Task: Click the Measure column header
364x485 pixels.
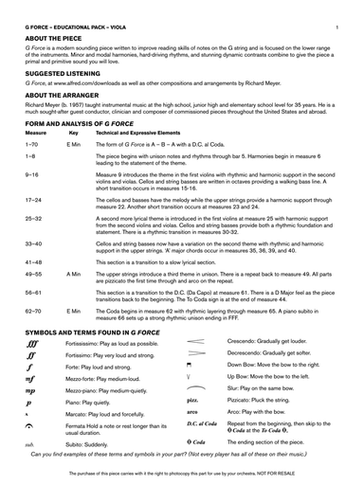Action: [x=35, y=133]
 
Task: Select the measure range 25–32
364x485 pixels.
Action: [x=33, y=218]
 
